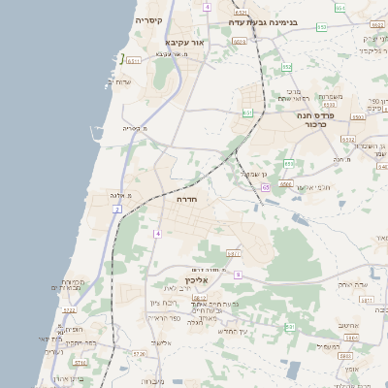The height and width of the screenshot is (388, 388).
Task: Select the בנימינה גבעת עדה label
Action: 269,20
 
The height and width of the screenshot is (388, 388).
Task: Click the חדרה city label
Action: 188,198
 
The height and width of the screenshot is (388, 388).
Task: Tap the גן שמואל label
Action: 253,173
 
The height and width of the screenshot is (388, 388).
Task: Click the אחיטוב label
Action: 349,326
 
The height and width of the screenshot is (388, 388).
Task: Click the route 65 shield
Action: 265,186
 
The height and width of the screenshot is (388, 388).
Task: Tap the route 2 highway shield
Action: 117,209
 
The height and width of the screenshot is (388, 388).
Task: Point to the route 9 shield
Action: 238,275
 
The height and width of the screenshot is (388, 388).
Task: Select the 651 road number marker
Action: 247,113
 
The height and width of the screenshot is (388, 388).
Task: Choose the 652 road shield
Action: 287,66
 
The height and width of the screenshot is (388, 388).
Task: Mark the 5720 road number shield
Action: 138,353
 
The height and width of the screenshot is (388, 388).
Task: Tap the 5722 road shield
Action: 69,310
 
